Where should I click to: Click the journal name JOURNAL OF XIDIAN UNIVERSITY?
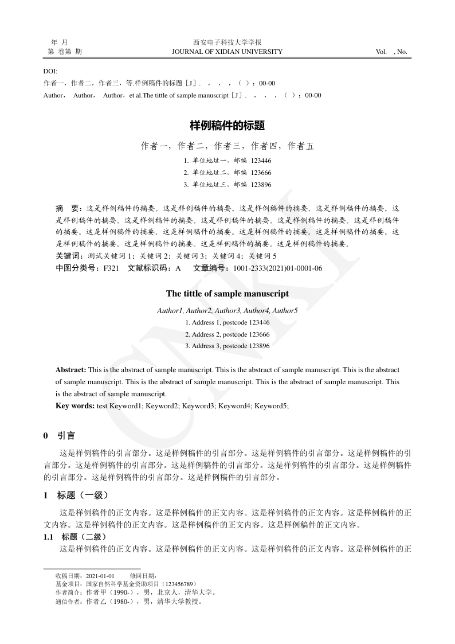point(227,52)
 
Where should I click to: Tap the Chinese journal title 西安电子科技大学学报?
point(227,42)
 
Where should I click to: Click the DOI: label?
point(50,71)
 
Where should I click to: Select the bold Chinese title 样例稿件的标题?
point(227,124)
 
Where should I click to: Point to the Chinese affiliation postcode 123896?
point(261,185)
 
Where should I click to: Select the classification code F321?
point(111,268)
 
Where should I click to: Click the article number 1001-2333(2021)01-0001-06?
point(277,268)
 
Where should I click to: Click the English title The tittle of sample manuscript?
point(227,294)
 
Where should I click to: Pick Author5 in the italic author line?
point(285,310)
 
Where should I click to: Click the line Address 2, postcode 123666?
point(227,334)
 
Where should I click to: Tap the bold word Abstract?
point(70,370)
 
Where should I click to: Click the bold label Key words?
point(74,406)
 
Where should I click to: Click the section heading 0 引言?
point(60,436)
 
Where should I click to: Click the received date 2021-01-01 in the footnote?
point(100,576)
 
